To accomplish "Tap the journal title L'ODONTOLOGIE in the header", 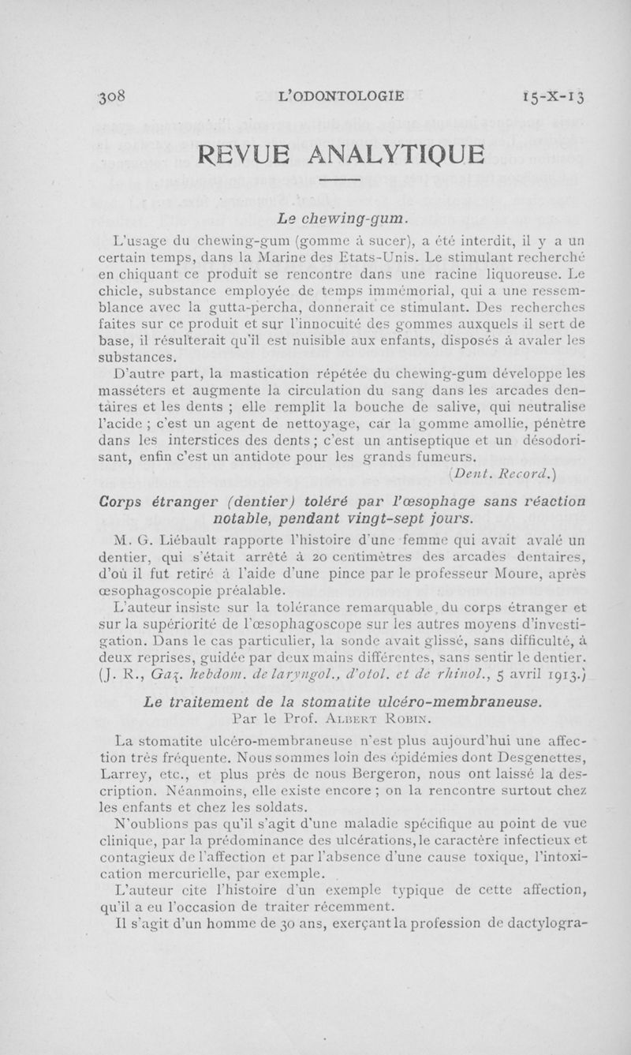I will tap(342, 97).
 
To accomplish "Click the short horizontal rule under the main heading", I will tap(341, 183).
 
